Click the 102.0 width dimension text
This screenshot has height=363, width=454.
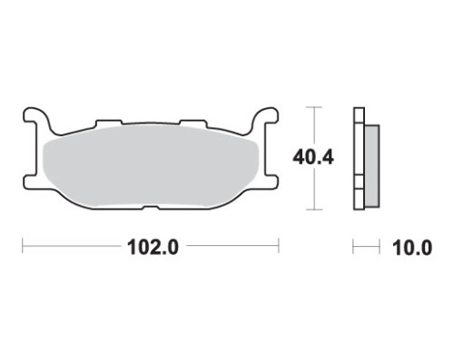(x=153, y=248)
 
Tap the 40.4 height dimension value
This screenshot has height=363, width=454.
(x=313, y=158)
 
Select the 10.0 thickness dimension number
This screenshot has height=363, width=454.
(x=412, y=248)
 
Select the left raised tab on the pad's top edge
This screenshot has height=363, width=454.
(x=109, y=123)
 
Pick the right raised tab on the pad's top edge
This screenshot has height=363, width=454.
(x=193, y=123)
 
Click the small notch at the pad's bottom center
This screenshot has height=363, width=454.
(x=151, y=208)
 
